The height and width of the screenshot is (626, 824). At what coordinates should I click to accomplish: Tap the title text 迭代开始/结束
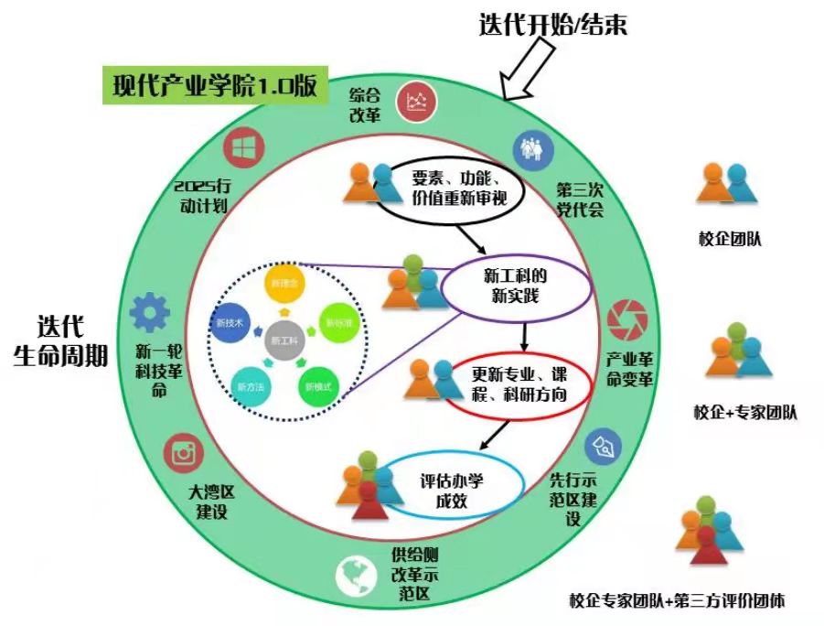point(552,25)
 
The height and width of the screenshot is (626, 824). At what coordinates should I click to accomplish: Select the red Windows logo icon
point(243,147)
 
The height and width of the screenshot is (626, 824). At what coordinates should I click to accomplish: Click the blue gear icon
point(149,314)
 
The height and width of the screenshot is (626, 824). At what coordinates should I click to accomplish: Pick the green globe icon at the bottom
point(355,576)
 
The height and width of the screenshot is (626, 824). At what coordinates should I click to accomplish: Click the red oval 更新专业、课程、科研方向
point(518,384)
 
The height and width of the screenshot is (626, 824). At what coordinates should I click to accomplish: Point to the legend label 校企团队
point(730,240)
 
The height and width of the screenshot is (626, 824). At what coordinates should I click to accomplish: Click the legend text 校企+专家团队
point(744,412)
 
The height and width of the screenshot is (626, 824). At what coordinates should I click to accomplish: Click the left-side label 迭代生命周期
point(60,340)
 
